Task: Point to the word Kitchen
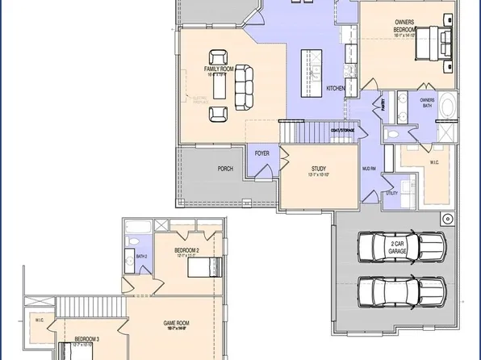335,88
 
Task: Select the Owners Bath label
426,103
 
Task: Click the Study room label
318,170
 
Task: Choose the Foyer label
263,151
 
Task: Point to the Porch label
225,169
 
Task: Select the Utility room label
392,194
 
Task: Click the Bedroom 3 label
87,340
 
